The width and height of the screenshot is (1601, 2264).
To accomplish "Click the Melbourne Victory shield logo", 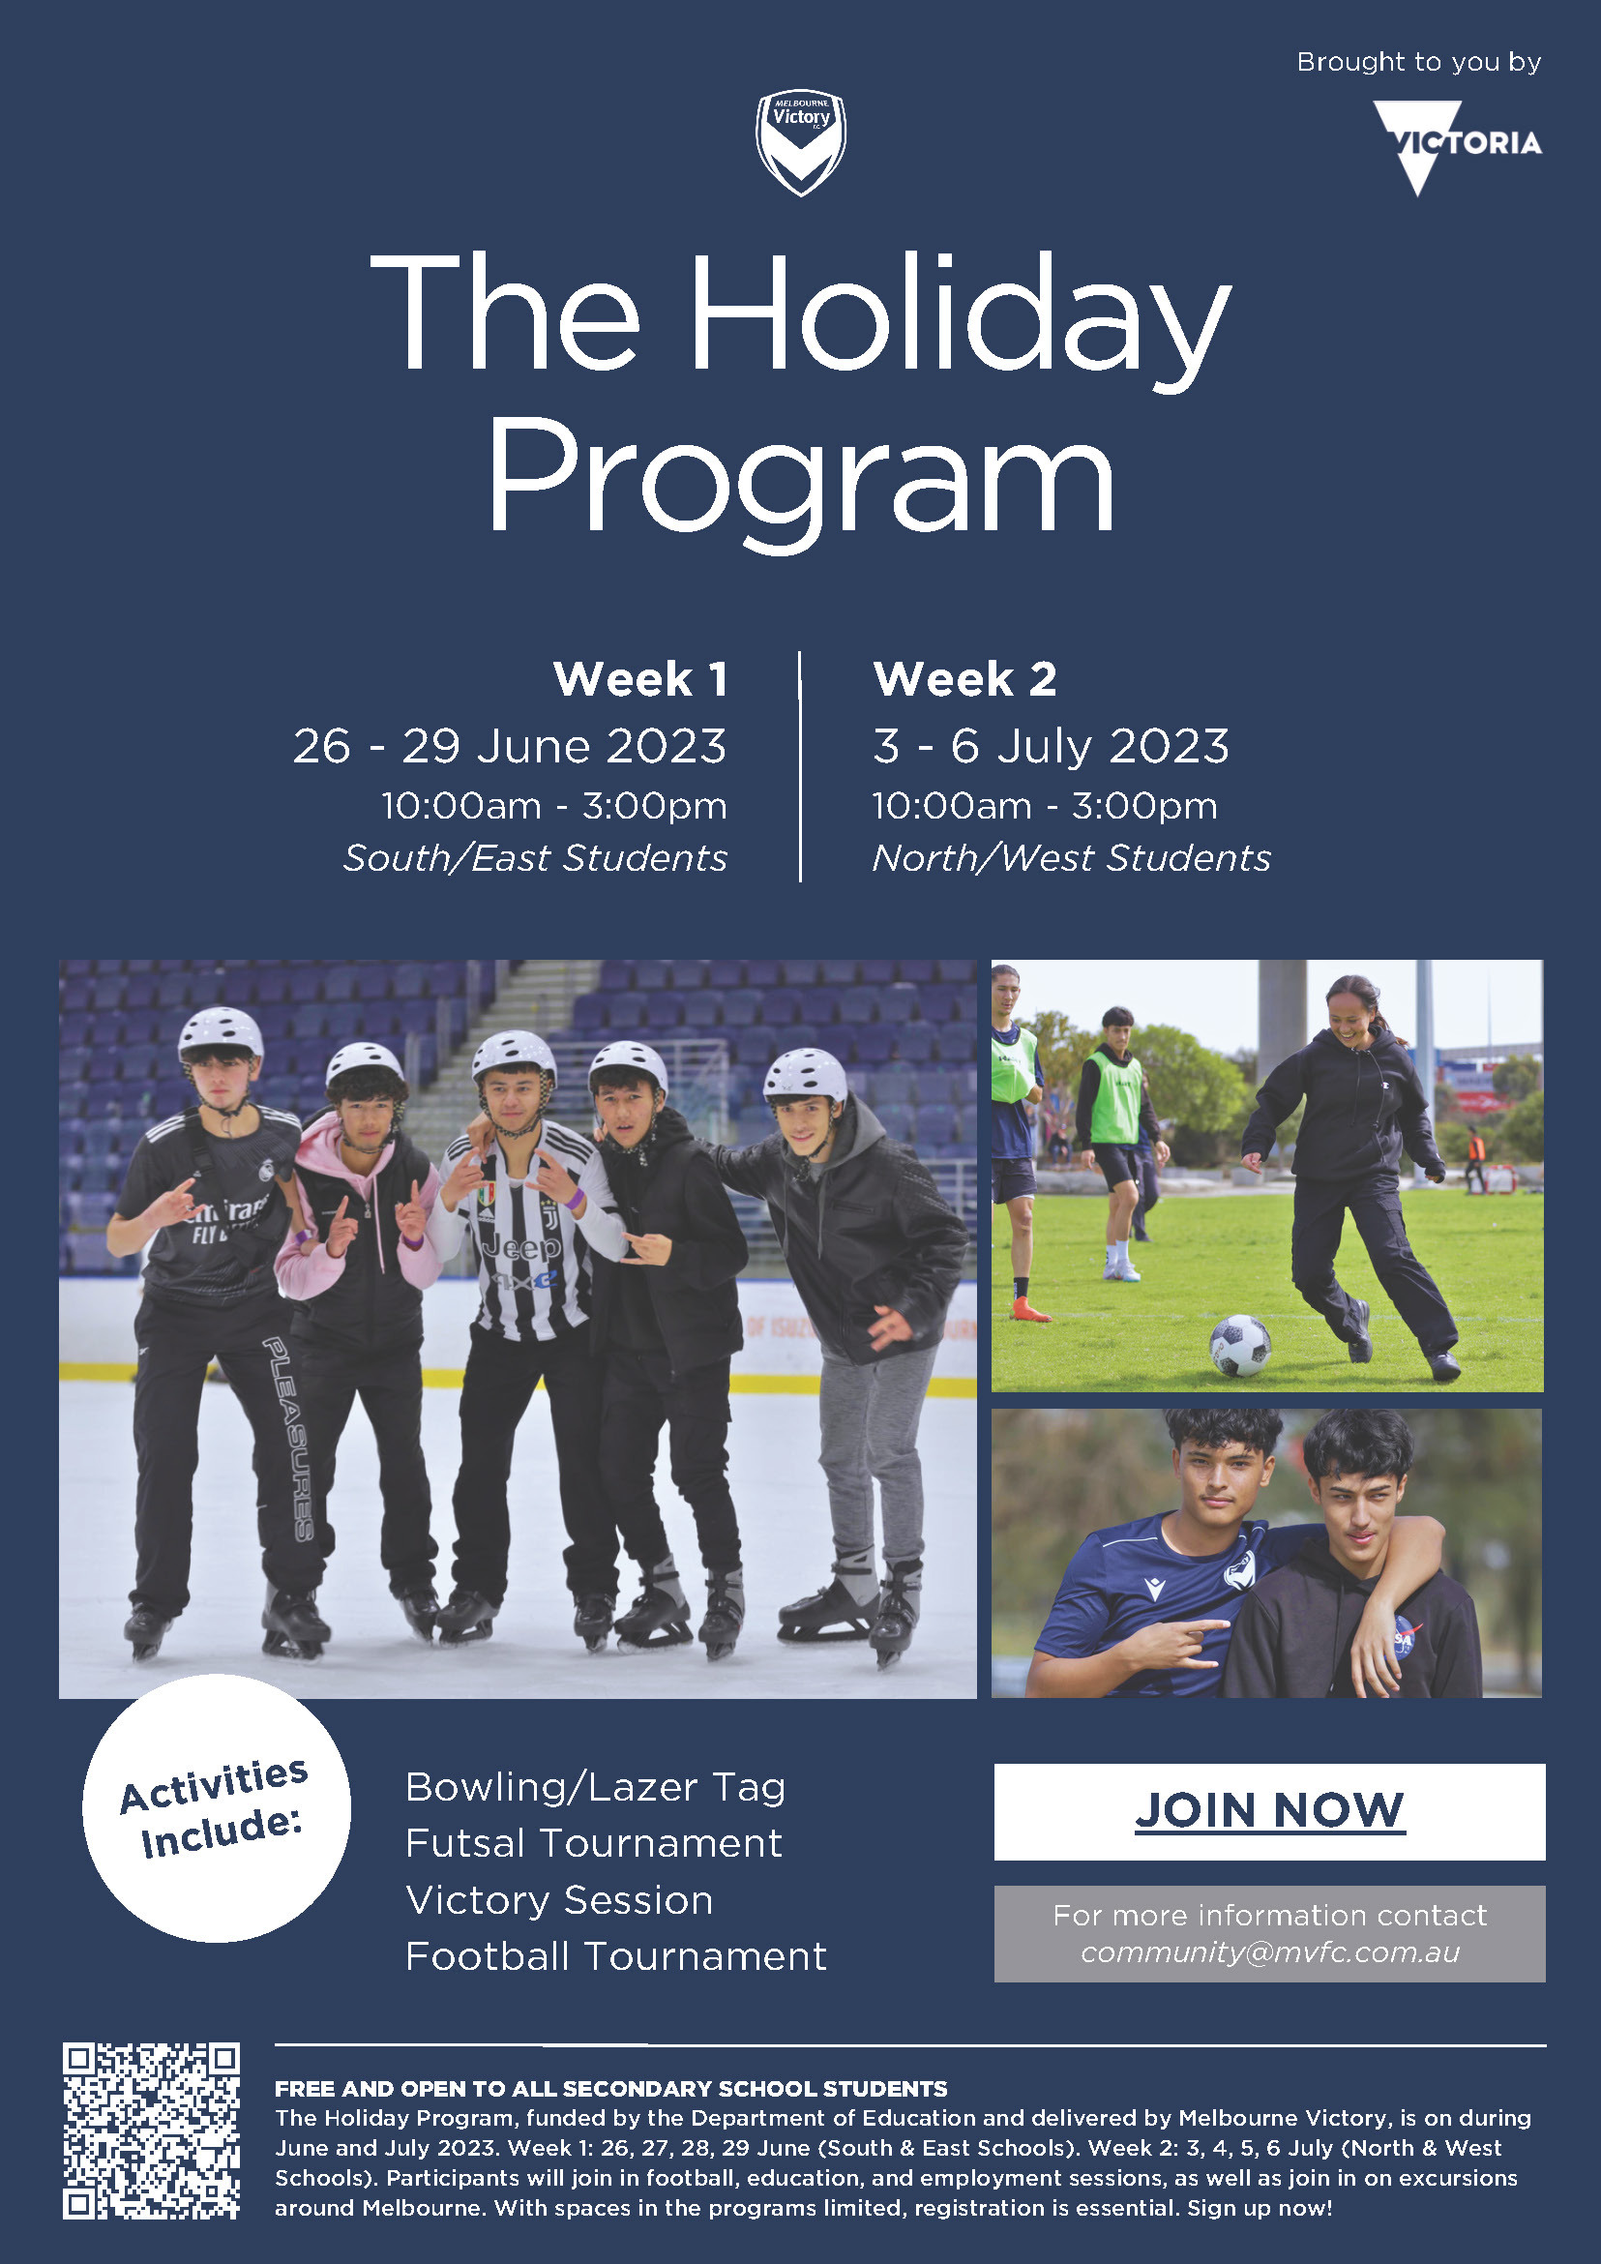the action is coord(801,143).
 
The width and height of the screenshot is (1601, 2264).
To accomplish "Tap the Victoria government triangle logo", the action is coord(1457,146).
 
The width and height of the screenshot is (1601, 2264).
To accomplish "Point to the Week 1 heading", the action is coord(640,679).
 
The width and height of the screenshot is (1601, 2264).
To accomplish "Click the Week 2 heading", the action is coord(965,679).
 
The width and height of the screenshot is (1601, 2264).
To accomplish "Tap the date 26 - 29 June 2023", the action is coord(510,747).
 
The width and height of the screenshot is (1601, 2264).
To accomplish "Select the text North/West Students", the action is coord(1072,858).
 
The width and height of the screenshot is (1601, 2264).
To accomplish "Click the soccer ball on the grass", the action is coord(1239,1345).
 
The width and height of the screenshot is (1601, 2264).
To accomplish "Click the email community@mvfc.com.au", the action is coord(1270,1952).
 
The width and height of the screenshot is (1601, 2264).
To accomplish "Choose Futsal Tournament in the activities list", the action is coord(593,1843).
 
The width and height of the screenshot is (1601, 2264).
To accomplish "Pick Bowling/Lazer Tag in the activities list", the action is coord(596,1788).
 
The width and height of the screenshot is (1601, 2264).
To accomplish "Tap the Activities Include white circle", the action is coord(216,1807).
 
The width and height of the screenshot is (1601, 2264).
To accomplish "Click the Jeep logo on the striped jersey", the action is coord(520,1248).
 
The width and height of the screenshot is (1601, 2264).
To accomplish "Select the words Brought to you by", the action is coord(1418,62).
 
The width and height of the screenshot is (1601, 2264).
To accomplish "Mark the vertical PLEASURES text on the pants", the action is coord(289,1439).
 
